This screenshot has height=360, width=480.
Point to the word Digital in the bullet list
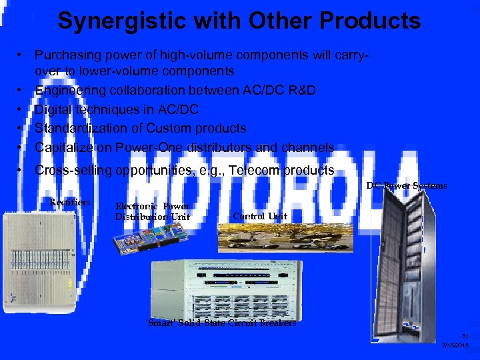pos(52,109)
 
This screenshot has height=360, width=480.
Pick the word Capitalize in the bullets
pos(64,147)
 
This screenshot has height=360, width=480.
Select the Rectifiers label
pos(70,201)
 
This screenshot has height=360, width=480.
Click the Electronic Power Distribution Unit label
pos(153,212)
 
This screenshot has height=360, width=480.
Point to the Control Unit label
pos(260,216)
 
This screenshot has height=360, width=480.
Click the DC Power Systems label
pos(407,185)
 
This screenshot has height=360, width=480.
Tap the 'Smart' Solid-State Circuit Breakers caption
pos(221,323)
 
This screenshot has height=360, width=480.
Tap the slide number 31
pos(465,336)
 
